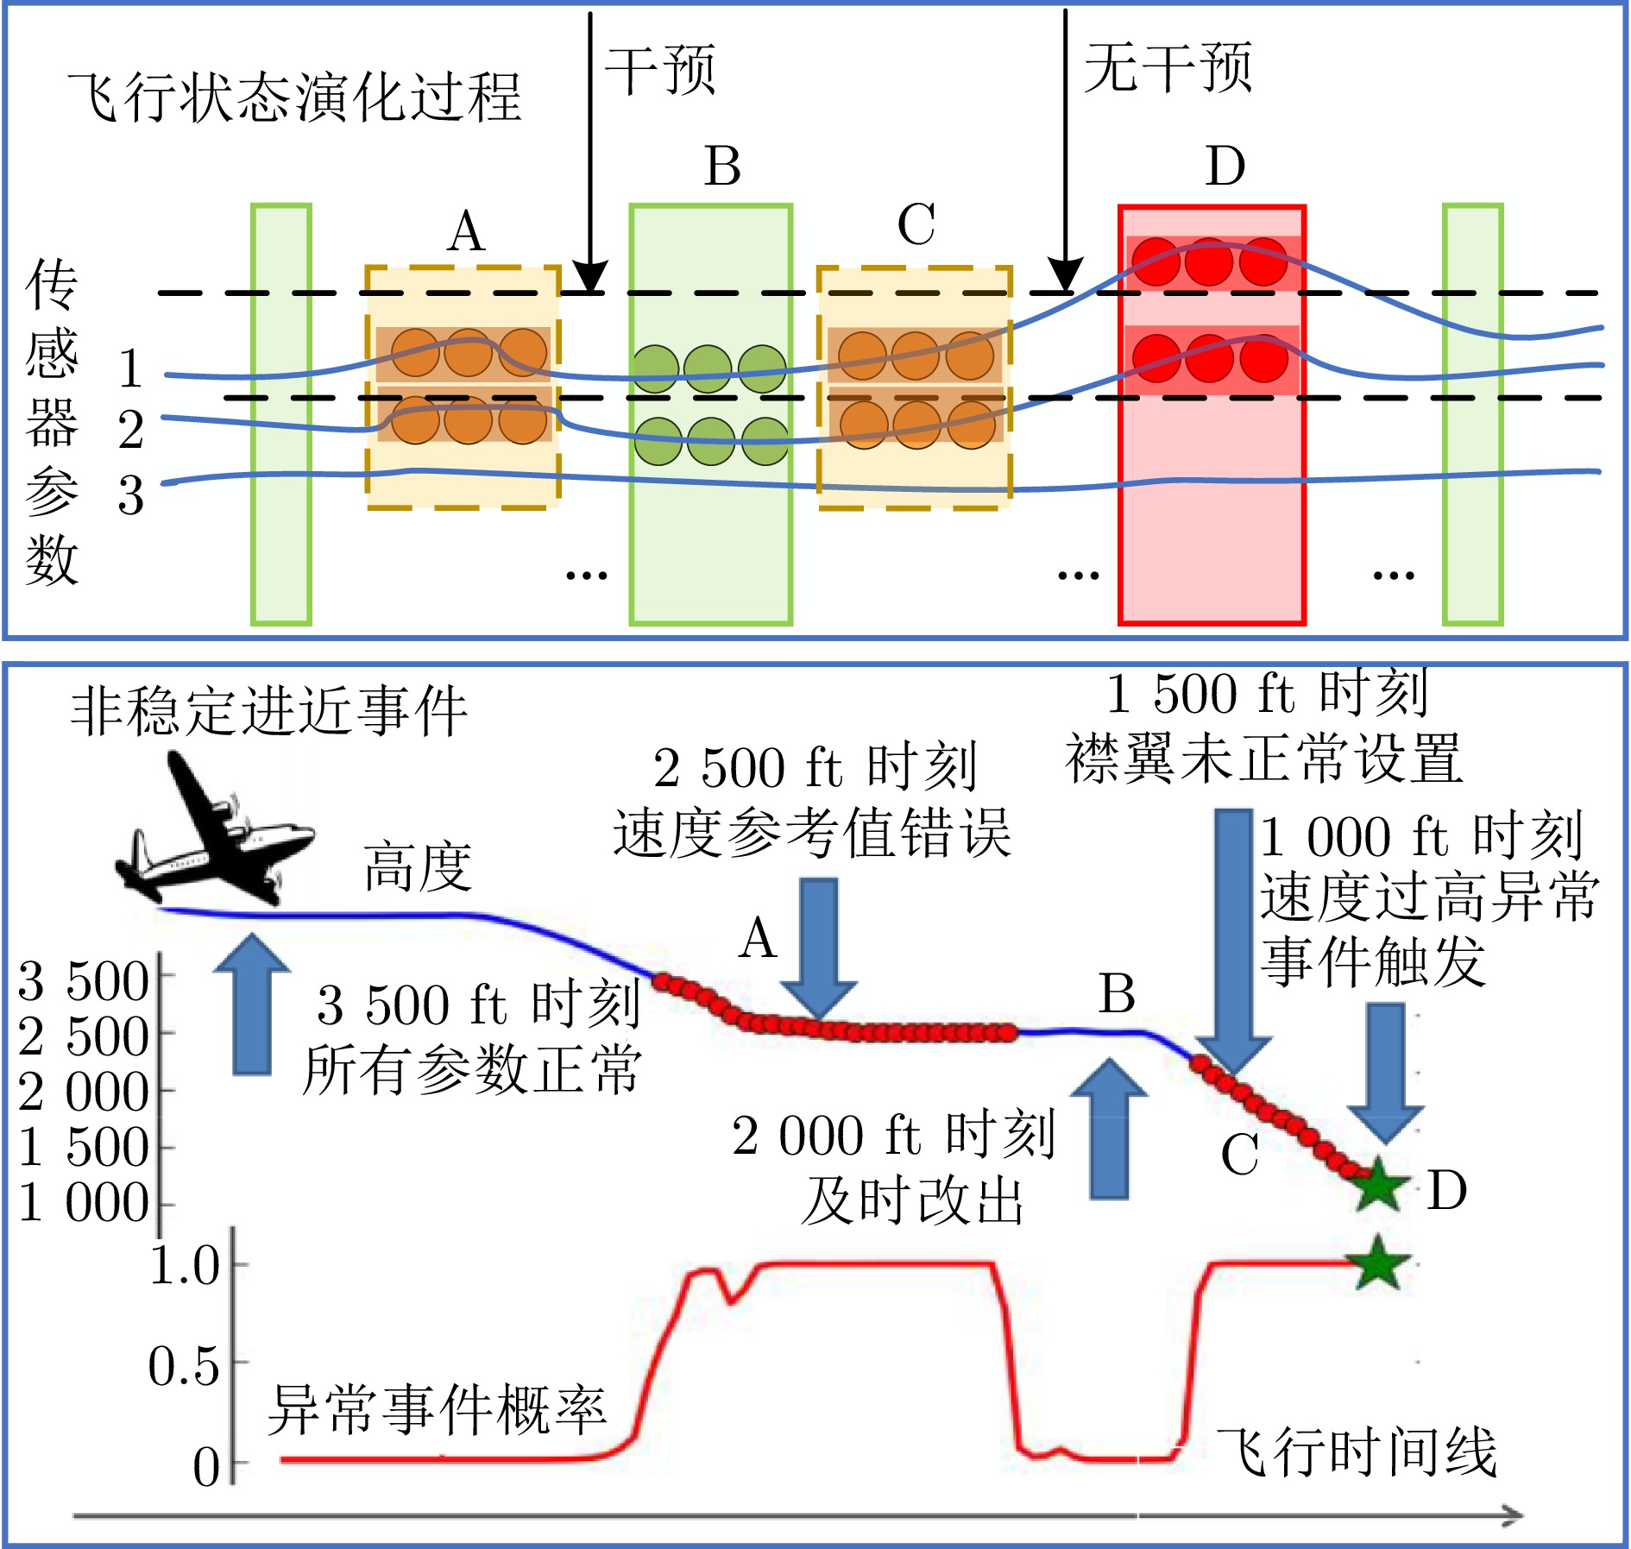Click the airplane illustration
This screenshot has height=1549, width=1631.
pyautogui.click(x=216, y=828)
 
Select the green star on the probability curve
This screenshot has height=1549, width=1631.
pyautogui.click(x=1376, y=1263)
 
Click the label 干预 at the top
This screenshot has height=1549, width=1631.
pyautogui.click(x=660, y=69)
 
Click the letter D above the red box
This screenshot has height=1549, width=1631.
pyautogui.click(x=1225, y=166)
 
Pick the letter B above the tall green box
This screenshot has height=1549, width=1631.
pyautogui.click(x=722, y=166)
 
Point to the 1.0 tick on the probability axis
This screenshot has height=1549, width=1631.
pyautogui.click(x=186, y=1267)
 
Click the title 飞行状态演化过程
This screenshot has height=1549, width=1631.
pyautogui.click(x=294, y=97)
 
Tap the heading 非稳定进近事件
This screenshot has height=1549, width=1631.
pyautogui.click(x=268, y=711)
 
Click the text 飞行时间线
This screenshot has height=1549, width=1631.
pyautogui.click(x=1356, y=1451)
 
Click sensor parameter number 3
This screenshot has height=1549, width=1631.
pyautogui.click(x=130, y=495)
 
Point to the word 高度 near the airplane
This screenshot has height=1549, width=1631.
pyautogui.click(x=418, y=866)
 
